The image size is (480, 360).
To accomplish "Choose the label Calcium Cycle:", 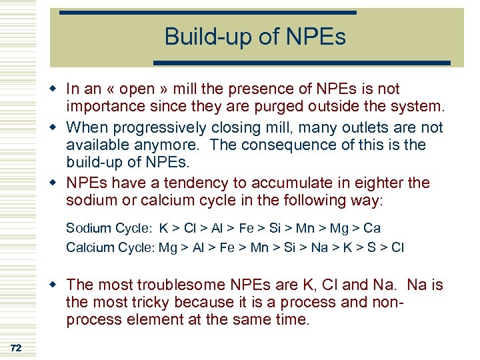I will pyautogui.click(x=110, y=247).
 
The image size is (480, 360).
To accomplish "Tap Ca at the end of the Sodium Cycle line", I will pyautogui.click(x=372, y=229).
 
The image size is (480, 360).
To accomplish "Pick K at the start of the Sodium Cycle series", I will pyautogui.click(x=163, y=229).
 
